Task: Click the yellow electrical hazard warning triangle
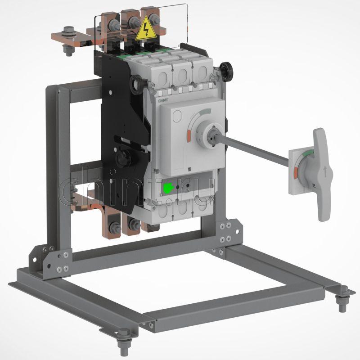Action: click(145, 29)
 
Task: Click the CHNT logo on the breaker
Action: click(163, 100)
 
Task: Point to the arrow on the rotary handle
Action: click(325, 171)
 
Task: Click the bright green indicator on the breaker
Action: click(168, 188)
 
